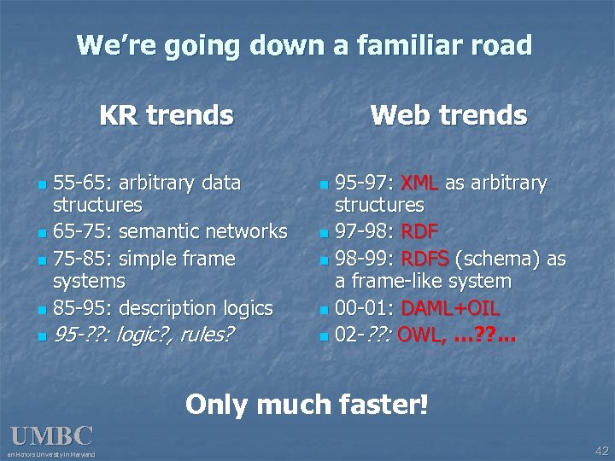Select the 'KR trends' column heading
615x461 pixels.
[166, 114]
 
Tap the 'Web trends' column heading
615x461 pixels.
[448, 114]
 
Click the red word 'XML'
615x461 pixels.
[419, 183]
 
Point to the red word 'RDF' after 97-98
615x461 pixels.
[419, 231]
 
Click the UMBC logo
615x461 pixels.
[51, 437]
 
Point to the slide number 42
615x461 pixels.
[601, 450]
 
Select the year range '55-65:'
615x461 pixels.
[82, 183]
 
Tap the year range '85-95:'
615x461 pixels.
[83, 307]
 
